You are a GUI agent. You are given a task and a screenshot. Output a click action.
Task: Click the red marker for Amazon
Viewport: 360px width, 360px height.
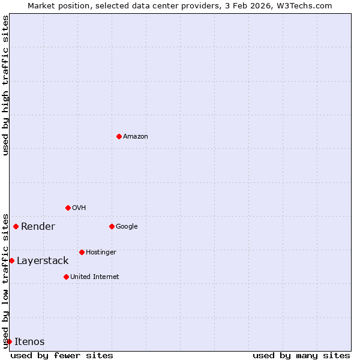(x=119, y=136)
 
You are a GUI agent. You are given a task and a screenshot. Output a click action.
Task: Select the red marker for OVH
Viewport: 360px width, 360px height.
(x=68, y=208)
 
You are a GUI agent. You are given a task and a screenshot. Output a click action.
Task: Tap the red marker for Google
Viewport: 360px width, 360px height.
(x=112, y=226)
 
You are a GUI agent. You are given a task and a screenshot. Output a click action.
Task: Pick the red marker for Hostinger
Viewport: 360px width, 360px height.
(x=82, y=252)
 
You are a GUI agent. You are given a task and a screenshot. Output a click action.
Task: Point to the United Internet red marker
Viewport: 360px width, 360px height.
(x=66, y=277)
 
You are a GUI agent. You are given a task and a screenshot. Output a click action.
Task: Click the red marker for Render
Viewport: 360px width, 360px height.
(x=16, y=226)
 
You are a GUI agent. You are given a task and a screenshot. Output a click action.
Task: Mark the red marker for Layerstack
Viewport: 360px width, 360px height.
(x=12, y=260)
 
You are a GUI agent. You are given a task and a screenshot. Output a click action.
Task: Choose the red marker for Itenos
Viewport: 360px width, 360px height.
(x=9, y=341)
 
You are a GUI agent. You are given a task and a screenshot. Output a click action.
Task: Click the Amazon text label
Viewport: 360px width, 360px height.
(x=136, y=137)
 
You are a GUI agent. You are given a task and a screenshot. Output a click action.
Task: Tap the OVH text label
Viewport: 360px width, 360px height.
(x=79, y=208)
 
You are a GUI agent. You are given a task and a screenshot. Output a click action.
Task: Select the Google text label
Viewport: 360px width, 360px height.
(x=127, y=227)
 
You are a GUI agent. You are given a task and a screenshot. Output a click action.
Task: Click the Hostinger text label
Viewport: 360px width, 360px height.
(x=101, y=253)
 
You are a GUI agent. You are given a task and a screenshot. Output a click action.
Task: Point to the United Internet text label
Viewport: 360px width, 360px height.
(x=95, y=277)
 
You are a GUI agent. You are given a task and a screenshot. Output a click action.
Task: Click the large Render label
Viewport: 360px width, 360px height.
(x=38, y=227)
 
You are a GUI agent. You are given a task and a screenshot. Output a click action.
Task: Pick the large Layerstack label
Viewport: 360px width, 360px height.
(x=43, y=261)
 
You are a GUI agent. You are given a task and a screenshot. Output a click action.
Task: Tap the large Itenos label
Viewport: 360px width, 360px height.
(x=29, y=342)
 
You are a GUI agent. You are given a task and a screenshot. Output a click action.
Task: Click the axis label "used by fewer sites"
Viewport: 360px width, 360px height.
(x=62, y=355)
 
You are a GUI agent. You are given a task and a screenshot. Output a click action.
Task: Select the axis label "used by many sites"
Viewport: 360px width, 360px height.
(x=301, y=355)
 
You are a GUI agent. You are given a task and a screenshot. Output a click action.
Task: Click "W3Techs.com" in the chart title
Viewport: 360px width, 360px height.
(x=305, y=5)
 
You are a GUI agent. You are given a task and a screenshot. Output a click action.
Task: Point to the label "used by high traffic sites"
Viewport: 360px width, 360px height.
(x=5, y=85)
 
